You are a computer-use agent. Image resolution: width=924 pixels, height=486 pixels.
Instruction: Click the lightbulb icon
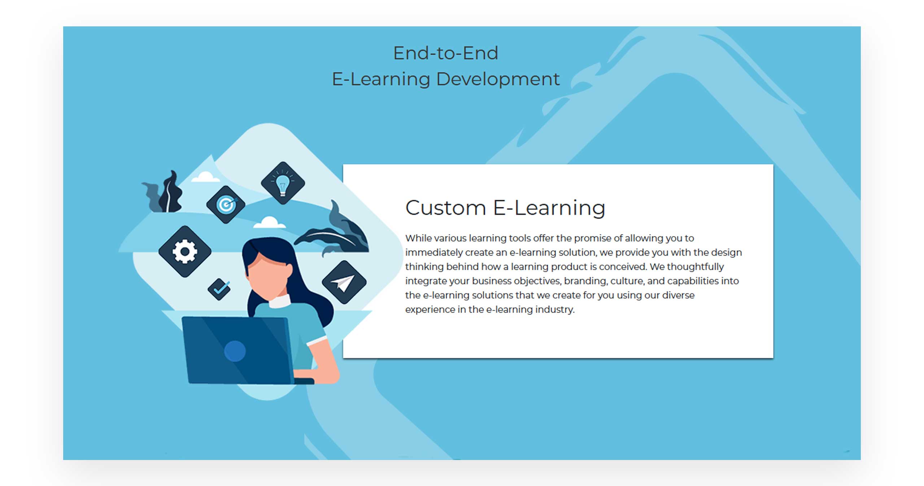point(283,183)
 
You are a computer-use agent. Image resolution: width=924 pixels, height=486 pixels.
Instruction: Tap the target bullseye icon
point(226,205)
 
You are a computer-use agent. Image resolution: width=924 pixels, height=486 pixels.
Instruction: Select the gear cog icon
point(185,251)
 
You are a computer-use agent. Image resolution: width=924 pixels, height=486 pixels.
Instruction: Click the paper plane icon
point(344,282)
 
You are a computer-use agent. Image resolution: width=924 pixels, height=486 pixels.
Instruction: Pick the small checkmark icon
point(219,289)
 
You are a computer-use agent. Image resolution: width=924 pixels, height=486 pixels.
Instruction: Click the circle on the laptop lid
point(235,351)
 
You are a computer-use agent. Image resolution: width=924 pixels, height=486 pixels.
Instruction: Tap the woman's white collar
point(280,301)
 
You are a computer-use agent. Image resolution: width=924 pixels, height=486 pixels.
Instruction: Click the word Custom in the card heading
point(446,208)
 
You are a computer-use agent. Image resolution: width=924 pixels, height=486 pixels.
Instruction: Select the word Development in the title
point(498,79)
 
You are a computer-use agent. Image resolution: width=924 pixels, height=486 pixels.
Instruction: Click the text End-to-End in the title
point(446,53)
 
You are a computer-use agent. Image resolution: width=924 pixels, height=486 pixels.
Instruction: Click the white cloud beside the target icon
point(205,177)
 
